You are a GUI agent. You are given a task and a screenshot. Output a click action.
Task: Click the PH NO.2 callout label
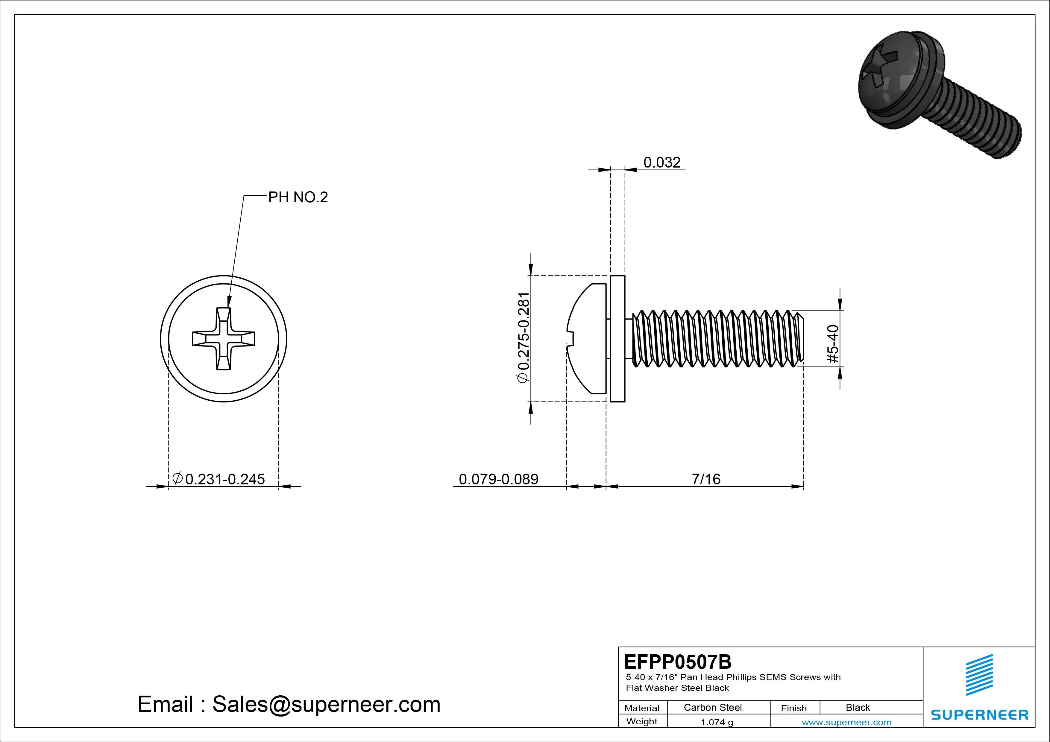pyautogui.click(x=298, y=197)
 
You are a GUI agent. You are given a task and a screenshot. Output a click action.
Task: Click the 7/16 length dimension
pyautogui.click(x=706, y=479)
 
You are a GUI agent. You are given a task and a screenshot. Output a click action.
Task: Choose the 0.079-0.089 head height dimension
pyautogui.click(x=498, y=479)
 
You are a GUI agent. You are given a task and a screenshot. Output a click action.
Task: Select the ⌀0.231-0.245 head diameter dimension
pyautogui.click(x=219, y=479)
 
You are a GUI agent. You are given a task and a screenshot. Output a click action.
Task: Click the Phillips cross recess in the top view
pyautogui.click(x=224, y=339)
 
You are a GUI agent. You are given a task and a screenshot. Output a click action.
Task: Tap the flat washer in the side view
pyautogui.click(x=617, y=339)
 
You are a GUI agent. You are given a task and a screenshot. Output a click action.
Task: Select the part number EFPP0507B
pyautogui.click(x=677, y=662)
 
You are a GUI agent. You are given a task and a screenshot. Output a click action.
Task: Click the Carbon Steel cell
pyautogui.click(x=712, y=707)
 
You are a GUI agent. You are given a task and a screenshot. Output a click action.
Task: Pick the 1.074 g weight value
pyautogui.click(x=717, y=722)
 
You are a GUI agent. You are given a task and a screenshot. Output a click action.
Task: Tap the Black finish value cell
pyautogui.click(x=858, y=707)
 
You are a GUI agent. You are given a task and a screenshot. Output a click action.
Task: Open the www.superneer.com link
pyautogui.click(x=846, y=722)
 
